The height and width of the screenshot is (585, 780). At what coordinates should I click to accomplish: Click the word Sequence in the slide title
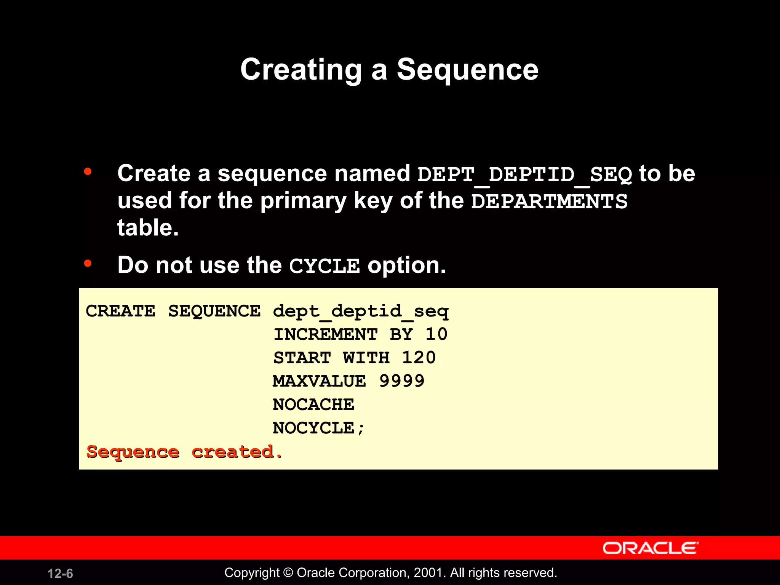[x=467, y=70]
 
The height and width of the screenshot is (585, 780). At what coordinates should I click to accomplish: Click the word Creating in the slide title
[x=301, y=70]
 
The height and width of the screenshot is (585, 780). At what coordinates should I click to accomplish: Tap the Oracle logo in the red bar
[x=650, y=548]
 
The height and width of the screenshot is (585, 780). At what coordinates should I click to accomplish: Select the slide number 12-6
[x=60, y=574]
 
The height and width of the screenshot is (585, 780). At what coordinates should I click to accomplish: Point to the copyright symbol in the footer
[x=288, y=573]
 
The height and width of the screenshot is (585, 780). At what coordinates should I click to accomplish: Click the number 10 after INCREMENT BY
[x=436, y=334]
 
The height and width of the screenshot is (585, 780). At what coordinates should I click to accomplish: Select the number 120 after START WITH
[x=419, y=358]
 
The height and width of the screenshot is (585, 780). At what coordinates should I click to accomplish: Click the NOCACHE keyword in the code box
[x=313, y=404]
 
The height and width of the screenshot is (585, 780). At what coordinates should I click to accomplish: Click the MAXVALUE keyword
[x=319, y=381]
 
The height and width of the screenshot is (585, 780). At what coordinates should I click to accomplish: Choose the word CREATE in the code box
[x=120, y=311]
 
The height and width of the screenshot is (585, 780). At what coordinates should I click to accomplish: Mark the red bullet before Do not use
[x=88, y=263]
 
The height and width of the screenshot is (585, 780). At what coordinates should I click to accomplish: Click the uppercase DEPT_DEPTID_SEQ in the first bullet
[x=524, y=174]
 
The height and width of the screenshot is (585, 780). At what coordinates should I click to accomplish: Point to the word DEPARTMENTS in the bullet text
[x=549, y=201]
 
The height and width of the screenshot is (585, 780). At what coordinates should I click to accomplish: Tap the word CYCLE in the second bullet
[x=324, y=266]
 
